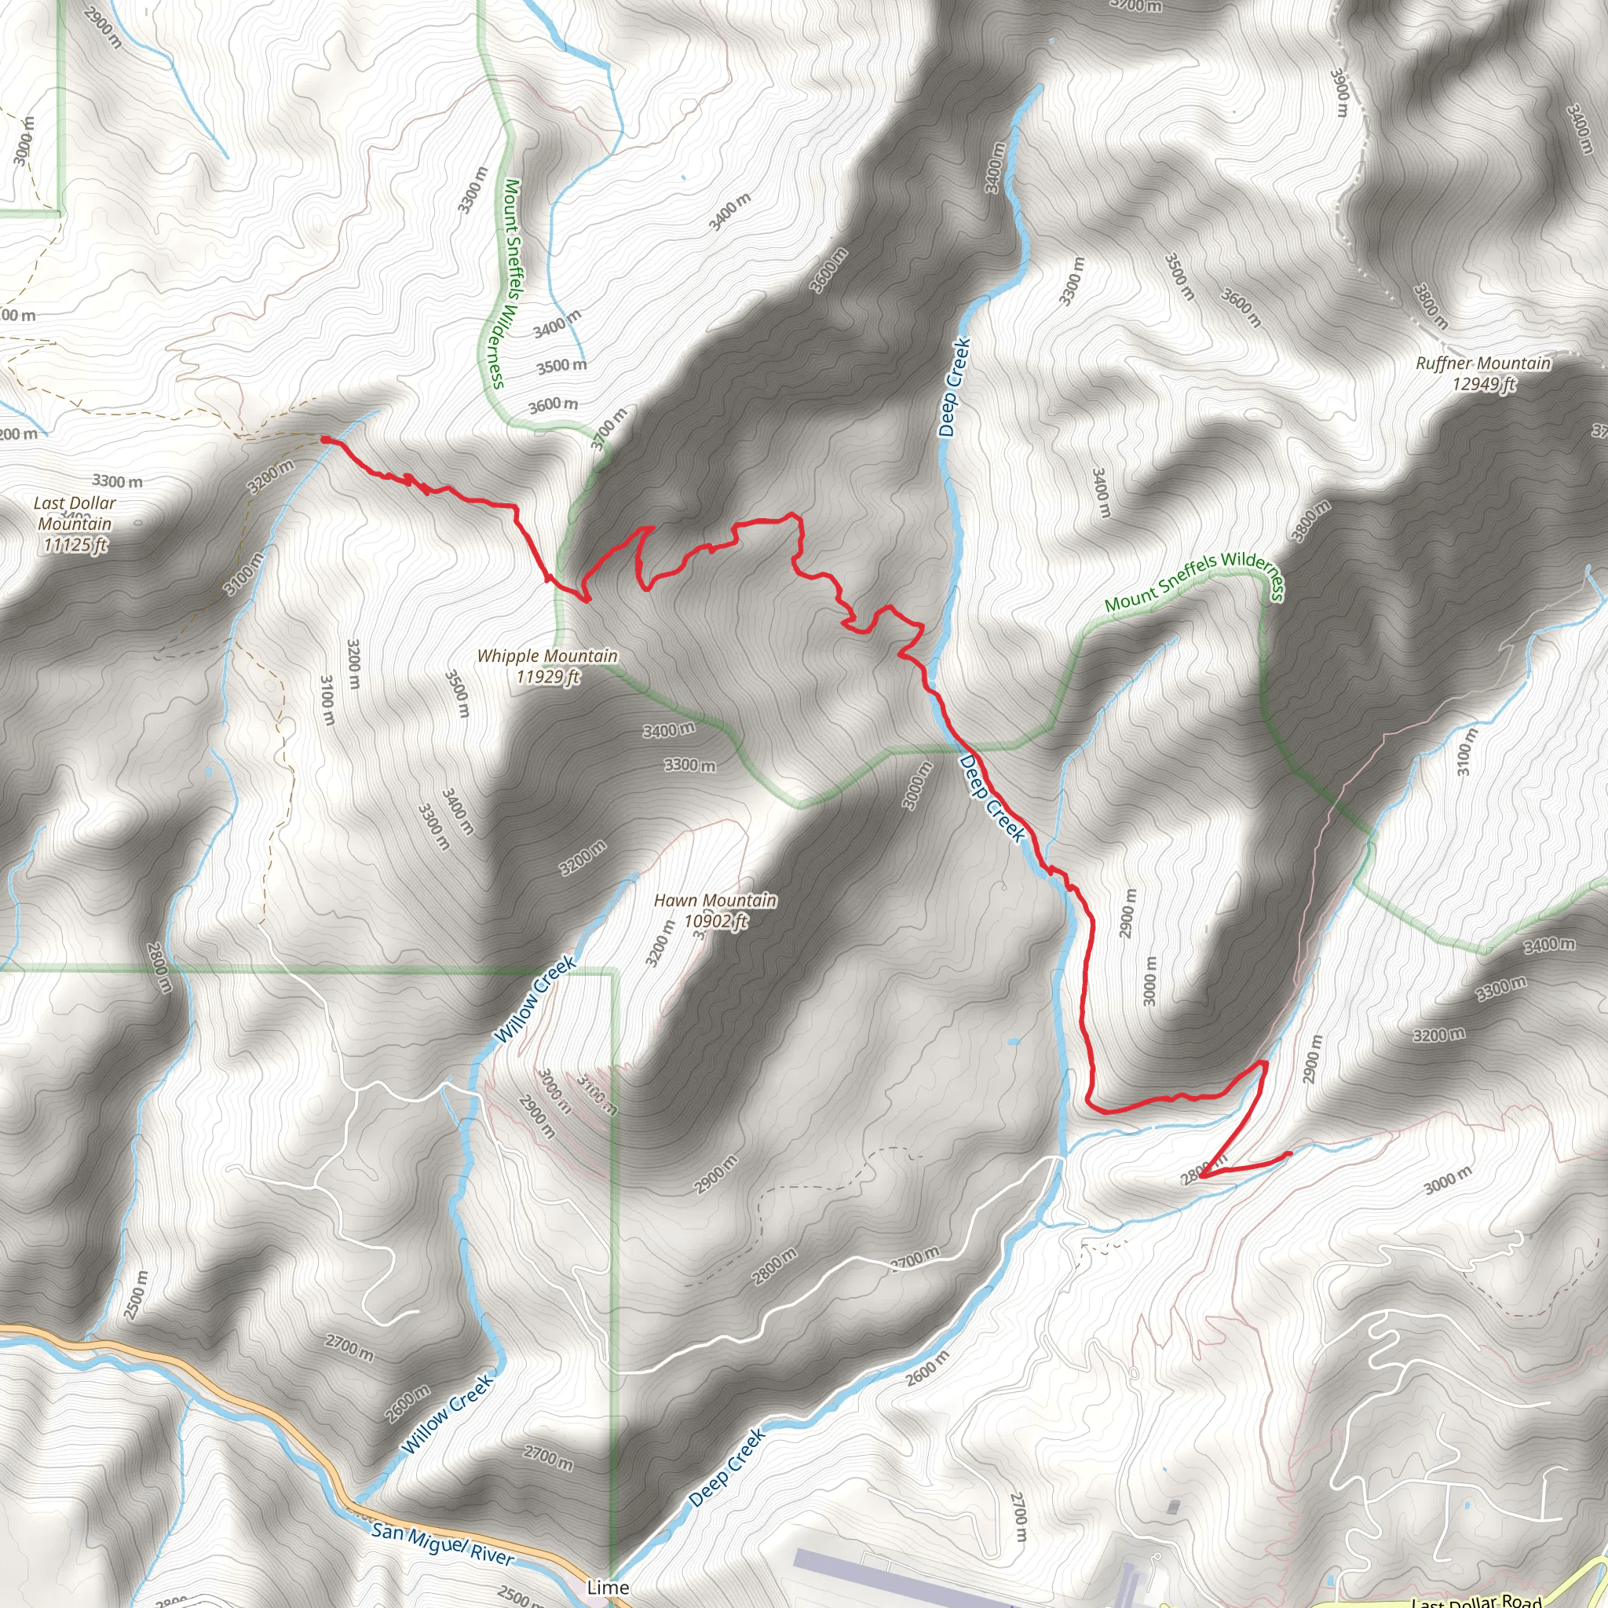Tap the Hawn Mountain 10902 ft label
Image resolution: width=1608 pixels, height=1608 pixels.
tap(715, 911)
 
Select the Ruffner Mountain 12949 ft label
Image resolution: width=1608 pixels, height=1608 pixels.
tap(1483, 373)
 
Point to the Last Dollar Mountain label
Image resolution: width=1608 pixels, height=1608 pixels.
tap(75, 524)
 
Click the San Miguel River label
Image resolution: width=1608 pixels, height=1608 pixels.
tap(443, 1543)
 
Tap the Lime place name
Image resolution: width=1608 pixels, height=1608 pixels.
tap(608, 1587)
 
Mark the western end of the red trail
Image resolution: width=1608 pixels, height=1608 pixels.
tap(324, 439)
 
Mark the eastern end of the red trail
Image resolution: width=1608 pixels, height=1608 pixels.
tap(1288, 1153)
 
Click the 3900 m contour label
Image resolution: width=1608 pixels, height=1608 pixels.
tap(1339, 92)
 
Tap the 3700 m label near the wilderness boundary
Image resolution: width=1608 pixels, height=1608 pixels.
tap(610, 429)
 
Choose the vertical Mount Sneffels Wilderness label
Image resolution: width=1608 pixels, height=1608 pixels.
tap(504, 283)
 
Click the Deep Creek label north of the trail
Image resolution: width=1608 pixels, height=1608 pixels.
tap(954, 387)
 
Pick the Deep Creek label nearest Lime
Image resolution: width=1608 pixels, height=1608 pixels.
tap(727, 1467)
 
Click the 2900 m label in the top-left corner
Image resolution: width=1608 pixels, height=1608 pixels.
tap(102, 27)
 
